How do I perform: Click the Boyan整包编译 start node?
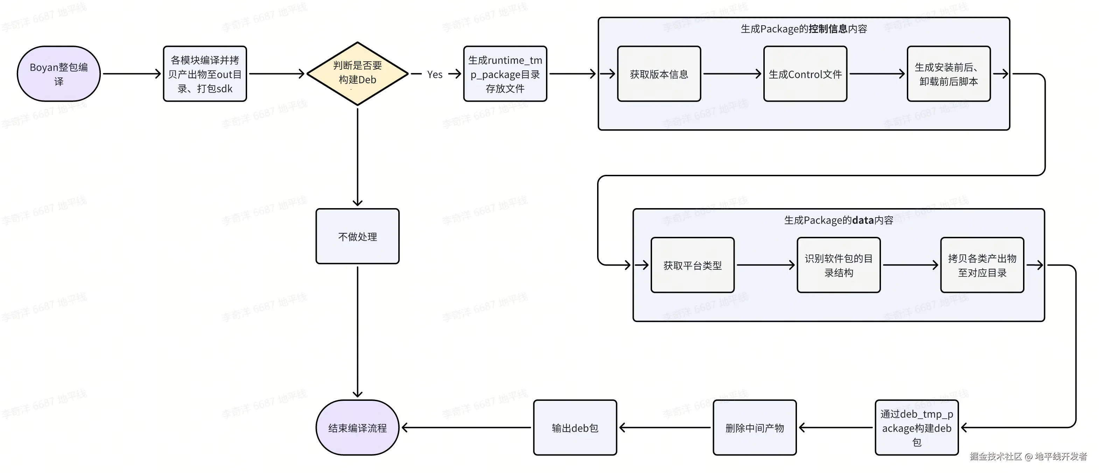tap(59, 74)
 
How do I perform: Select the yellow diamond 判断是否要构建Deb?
tap(357, 74)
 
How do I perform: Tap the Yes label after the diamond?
tap(435, 74)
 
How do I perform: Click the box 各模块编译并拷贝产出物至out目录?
tap(205, 74)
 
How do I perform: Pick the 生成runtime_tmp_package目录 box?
tap(505, 74)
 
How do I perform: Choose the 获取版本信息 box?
tap(659, 74)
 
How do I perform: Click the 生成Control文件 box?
tap(805, 74)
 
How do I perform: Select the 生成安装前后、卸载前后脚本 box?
tap(949, 74)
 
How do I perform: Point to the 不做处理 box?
tap(357, 236)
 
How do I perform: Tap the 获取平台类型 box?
tap(692, 265)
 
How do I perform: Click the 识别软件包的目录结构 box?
tap(839, 265)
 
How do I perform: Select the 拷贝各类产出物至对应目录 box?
tap(982, 265)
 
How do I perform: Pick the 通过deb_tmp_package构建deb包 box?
tap(917, 427)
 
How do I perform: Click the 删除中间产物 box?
tap(755, 427)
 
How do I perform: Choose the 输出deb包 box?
tap(575, 427)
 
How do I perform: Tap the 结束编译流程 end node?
tap(357, 427)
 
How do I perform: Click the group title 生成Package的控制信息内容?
tap(804, 29)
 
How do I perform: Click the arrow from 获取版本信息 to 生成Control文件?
tap(733, 74)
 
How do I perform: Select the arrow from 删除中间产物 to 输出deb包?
tap(665, 427)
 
